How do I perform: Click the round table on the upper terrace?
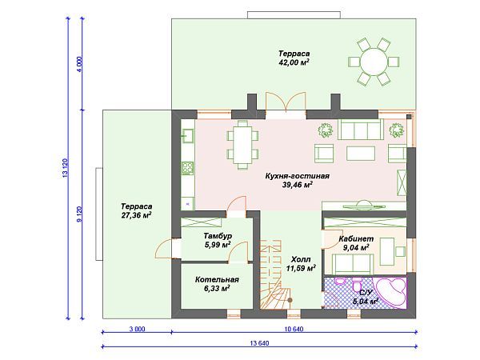click(374, 62)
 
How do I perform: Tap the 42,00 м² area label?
click(294, 62)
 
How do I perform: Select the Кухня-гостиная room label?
click(298, 176)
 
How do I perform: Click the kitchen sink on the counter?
click(187, 136)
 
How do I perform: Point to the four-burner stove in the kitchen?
click(187, 168)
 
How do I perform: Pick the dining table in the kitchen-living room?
click(242, 145)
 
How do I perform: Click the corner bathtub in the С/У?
click(391, 292)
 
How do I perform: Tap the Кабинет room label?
click(356, 238)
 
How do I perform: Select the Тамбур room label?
click(218, 236)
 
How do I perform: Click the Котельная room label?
click(217, 279)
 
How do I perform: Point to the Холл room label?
click(301, 259)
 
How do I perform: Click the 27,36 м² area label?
click(137, 215)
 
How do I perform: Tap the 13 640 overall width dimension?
click(259, 343)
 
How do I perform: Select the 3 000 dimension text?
click(137, 329)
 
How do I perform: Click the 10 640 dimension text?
click(294, 329)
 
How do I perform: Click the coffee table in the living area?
click(361, 154)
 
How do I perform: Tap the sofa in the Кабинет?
click(353, 265)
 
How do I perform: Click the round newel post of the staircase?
click(290, 301)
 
